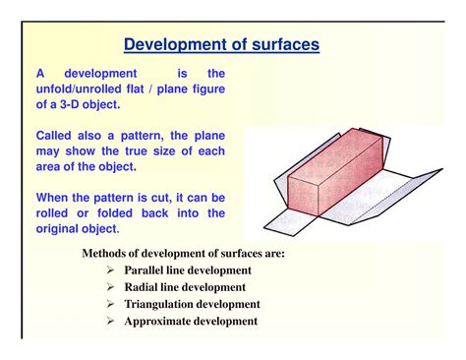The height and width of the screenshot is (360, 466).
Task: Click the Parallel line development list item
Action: (x=187, y=270)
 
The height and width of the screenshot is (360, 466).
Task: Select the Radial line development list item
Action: (x=184, y=286)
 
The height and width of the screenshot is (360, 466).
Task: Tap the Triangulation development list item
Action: (x=192, y=304)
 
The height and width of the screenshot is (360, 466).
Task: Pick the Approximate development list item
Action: (x=191, y=321)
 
